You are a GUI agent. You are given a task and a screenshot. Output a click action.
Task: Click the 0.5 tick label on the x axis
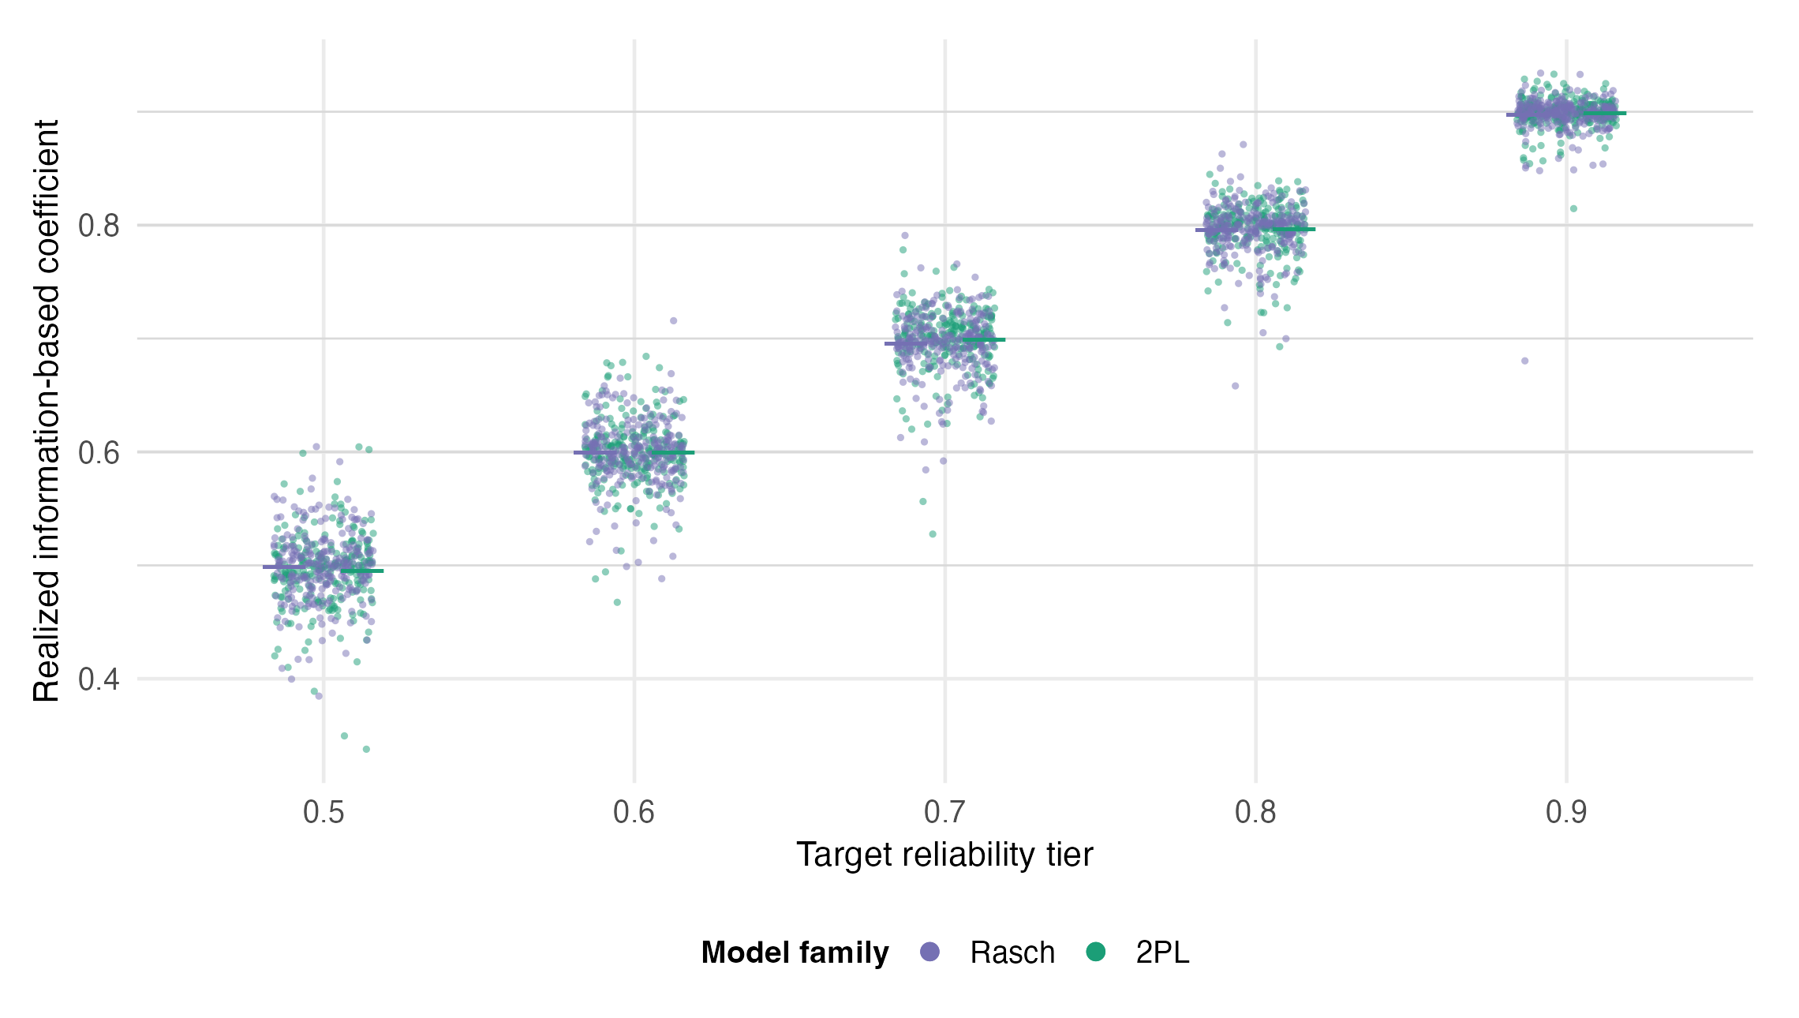tap(324, 812)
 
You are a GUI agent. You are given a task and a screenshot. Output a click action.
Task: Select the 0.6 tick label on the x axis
tap(634, 812)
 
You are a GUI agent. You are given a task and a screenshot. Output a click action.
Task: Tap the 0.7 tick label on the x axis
tap(945, 812)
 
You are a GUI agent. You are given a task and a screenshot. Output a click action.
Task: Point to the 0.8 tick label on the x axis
tap(1256, 812)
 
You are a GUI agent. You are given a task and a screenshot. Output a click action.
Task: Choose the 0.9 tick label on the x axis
tap(1567, 812)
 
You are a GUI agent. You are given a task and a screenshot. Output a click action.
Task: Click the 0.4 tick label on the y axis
tap(99, 679)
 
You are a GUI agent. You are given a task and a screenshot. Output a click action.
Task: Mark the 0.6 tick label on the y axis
tap(99, 453)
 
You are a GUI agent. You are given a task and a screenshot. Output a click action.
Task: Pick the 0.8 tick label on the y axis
tap(99, 226)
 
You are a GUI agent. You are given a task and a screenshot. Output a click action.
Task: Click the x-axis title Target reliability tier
tap(945, 855)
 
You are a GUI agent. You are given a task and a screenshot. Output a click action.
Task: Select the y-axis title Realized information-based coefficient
tap(47, 410)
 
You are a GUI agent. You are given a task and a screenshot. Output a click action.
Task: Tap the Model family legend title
tap(795, 953)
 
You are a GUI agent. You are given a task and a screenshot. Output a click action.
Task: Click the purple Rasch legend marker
tap(930, 952)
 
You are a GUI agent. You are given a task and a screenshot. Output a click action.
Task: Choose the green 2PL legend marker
tap(1095, 952)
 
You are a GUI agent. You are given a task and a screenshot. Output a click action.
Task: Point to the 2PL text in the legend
tap(1162, 953)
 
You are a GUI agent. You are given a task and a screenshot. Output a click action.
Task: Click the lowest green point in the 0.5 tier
tap(366, 749)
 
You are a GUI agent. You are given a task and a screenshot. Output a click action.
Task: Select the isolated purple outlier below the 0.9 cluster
tap(1525, 361)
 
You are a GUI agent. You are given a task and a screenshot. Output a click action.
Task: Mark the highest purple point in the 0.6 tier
tap(674, 320)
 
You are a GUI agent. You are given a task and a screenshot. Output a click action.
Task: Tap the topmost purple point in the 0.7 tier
tap(905, 235)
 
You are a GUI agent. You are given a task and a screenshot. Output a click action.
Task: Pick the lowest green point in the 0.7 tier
tap(933, 534)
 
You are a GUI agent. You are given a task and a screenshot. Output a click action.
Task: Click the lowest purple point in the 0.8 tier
tap(1236, 386)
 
